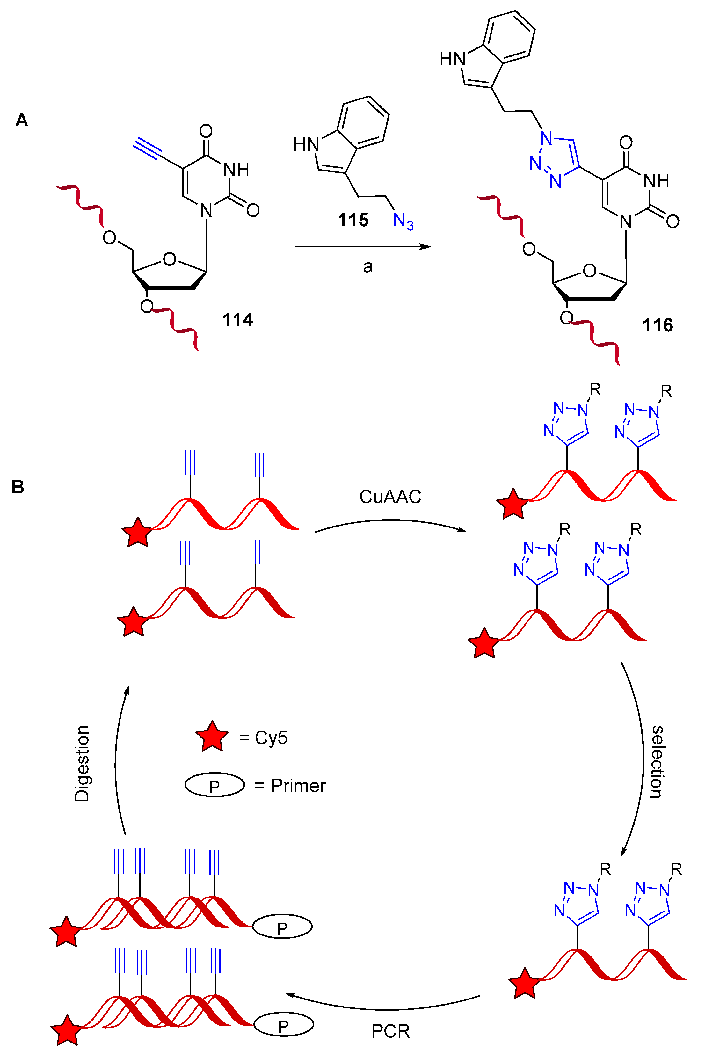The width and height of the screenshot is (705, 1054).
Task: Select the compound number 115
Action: [353, 220]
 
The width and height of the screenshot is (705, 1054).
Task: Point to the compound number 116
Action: [657, 325]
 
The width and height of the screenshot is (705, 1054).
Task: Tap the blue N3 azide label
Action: [403, 221]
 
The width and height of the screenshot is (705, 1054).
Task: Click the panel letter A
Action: [22, 120]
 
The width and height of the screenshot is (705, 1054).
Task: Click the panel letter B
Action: [18, 487]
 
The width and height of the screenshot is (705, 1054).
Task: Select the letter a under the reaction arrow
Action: [368, 267]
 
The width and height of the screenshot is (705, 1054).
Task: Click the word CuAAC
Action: [390, 497]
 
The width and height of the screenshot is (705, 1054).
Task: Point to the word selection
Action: [657, 762]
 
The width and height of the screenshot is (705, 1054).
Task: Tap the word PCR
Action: [390, 1031]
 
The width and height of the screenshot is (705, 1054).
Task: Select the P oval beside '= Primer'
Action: [214, 785]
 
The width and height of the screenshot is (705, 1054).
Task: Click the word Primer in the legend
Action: [298, 786]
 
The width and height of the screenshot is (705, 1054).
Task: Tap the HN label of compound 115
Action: [306, 145]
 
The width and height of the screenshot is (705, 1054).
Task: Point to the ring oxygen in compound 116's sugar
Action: [589, 271]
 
